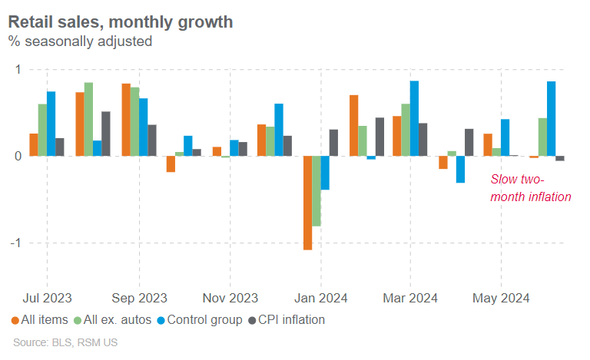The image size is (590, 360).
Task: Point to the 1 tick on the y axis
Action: pyautogui.click(x=18, y=70)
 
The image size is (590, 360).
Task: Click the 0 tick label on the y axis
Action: pyautogui.click(x=18, y=156)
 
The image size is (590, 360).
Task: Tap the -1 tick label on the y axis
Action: pyautogui.click(x=15, y=243)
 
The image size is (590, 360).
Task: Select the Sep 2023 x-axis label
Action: pyautogui.click(x=139, y=298)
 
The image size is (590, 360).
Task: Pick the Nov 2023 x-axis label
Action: pyautogui.click(x=230, y=298)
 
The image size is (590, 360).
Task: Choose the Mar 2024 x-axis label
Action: pyautogui.click(x=410, y=298)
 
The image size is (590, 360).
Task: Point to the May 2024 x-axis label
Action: pyautogui.click(x=501, y=298)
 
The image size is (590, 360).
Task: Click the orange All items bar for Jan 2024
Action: pyautogui.click(x=307, y=203)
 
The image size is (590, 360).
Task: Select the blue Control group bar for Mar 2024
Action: pyautogui.click(x=414, y=118)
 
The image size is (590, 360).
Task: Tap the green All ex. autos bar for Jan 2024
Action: pyautogui.click(x=317, y=191)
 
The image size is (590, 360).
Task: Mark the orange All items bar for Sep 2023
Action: pyautogui.click(x=126, y=120)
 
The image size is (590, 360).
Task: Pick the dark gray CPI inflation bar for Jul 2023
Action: pyautogui.click(x=60, y=147)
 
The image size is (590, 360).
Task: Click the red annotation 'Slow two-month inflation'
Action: pyautogui.click(x=531, y=189)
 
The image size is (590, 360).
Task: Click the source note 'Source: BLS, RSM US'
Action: pyautogui.click(x=66, y=342)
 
